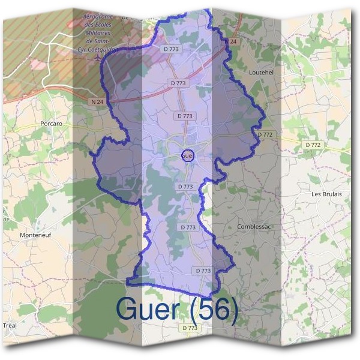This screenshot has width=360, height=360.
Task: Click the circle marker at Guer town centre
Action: [187, 155]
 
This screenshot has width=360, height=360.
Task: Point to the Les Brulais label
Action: [326, 194]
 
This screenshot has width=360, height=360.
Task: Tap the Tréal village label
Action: [10, 324]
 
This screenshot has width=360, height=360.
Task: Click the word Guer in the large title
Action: [147, 308]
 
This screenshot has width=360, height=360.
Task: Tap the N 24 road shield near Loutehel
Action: [232, 41]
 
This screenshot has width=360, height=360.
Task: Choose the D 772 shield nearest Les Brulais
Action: [313, 145]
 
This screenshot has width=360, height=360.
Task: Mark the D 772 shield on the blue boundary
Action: [266, 135]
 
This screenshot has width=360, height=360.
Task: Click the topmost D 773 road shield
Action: [171, 48]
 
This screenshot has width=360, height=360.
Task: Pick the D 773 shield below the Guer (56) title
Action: [189, 328]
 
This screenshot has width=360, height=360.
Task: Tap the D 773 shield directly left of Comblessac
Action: [188, 227]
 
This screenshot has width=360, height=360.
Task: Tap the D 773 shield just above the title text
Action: [203, 271]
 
